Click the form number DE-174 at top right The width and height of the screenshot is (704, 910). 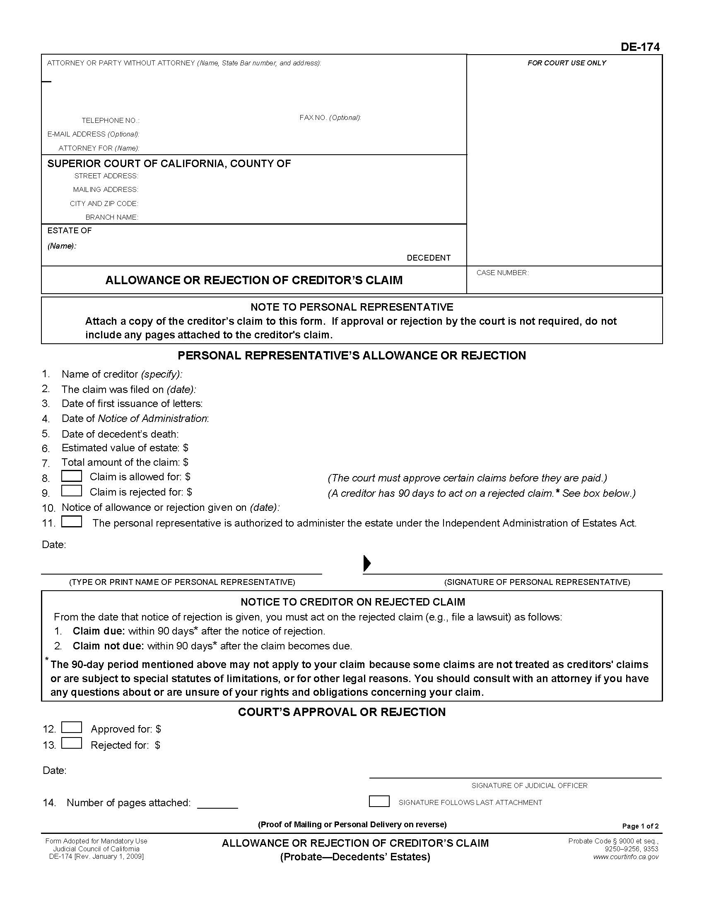tap(640, 47)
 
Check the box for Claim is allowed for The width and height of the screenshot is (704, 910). tap(71, 476)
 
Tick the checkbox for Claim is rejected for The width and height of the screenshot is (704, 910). tap(71, 491)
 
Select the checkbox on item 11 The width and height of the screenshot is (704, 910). tap(71, 522)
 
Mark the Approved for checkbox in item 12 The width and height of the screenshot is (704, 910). tap(71, 728)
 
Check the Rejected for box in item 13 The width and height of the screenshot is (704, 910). tap(71, 743)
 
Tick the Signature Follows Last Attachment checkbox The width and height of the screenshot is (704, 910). tap(379, 801)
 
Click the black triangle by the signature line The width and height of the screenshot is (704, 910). tap(367, 563)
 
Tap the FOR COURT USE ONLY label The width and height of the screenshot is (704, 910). tap(567, 63)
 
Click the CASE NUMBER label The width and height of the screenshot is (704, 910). tap(502, 273)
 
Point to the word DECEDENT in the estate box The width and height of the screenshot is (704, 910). tap(428, 258)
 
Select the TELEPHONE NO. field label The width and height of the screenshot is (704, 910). tap(111, 120)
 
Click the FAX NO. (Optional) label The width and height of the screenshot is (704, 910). tap(330, 117)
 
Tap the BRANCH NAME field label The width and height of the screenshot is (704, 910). tap(111, 217)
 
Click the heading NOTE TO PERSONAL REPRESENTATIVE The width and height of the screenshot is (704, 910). tap(352, 307)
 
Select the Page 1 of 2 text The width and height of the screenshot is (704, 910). tap(640, 826)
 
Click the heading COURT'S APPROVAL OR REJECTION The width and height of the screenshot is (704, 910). tap(342, 712)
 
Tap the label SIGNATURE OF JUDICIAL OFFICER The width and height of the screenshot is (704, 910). tap(529, 785)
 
